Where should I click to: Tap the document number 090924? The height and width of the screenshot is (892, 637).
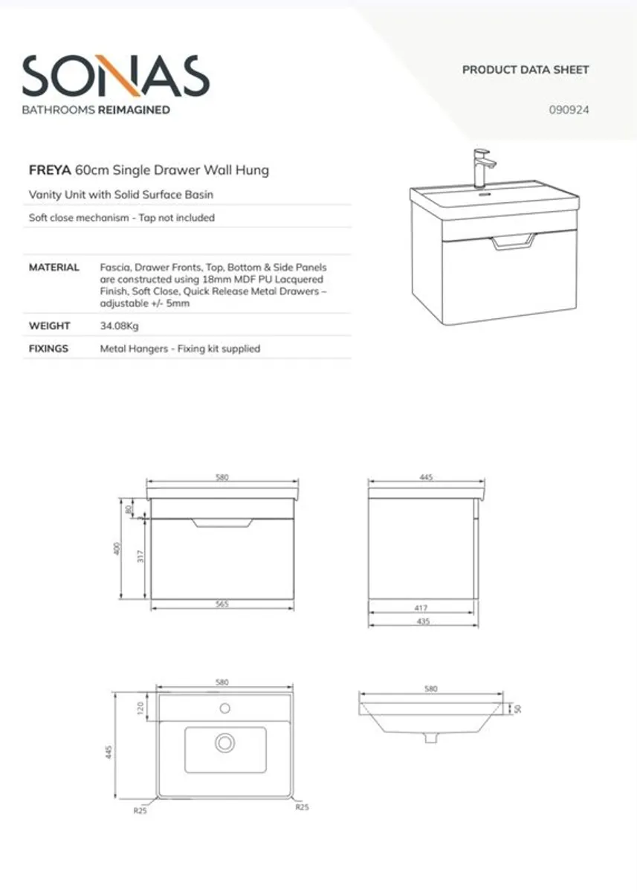569,110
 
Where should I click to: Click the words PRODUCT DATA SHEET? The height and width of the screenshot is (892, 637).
526,70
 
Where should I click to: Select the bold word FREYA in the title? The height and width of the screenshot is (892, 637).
50,170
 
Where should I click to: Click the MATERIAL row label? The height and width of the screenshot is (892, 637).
54,267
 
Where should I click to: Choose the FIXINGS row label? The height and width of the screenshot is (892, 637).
48,348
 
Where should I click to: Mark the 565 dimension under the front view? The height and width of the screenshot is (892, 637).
222,604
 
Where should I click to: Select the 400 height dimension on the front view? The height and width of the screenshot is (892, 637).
117,549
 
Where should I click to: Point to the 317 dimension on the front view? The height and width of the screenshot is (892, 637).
140,556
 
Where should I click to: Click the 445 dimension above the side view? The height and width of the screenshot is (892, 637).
426,477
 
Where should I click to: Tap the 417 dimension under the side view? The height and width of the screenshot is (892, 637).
421,608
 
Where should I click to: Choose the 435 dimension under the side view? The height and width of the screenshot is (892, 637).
421,621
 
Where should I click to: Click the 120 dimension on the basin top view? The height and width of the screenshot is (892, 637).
140,708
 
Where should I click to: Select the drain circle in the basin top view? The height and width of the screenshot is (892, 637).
224,742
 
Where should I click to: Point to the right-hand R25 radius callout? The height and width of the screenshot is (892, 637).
302,807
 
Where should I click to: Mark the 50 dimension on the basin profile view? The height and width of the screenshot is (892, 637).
518,708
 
